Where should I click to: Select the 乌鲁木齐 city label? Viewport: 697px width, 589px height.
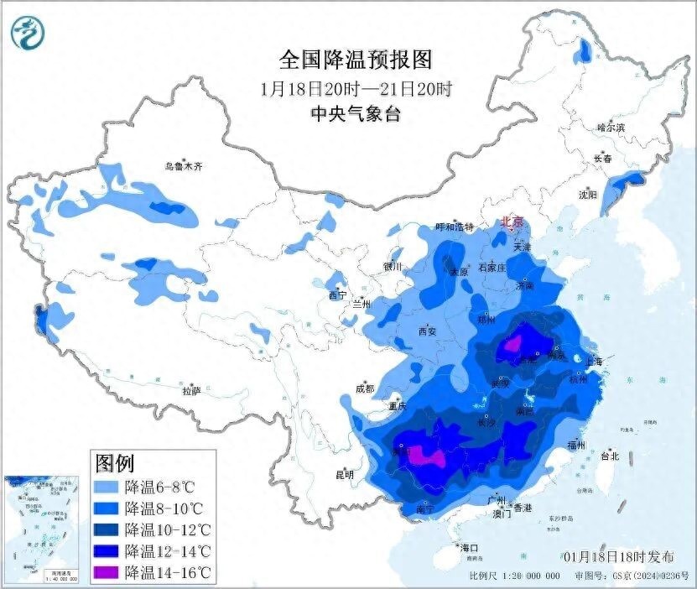tap(183, 167)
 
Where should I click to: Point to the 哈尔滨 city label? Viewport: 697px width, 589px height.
tap(611, 128)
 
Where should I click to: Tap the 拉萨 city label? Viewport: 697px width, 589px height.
tap(191, 391)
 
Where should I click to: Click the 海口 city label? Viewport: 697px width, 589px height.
tap(470, 548)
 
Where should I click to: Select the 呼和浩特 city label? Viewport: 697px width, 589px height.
tap(455, 227)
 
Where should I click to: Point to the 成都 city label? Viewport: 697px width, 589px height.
tap(364, 388)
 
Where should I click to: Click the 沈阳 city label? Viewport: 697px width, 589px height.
tap(587, 195)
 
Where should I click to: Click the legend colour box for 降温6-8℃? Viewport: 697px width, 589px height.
tap(106, 487)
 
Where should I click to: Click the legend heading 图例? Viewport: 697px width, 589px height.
tap(116, 462)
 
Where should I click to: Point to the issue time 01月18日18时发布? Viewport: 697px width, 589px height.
tap(618, 556)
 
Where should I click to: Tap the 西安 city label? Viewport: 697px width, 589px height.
tap(427, 331)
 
